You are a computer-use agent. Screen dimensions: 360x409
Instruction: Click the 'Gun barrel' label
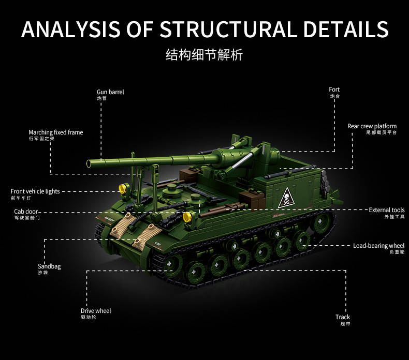pos(110,92)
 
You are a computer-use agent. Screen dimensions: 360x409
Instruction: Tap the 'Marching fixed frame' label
pos(55,132)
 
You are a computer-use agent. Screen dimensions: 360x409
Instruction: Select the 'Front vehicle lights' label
pos(35,191)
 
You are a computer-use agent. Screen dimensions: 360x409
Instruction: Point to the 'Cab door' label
pos(26,212)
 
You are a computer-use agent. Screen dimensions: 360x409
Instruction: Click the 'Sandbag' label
pos(49,266)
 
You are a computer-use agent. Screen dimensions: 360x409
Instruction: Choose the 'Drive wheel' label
pos(96,311)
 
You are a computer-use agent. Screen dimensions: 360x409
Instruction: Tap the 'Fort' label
pos(334,89)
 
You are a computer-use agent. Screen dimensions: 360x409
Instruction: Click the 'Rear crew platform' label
pos(372,126)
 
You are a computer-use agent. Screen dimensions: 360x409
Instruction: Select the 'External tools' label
pos(386,210)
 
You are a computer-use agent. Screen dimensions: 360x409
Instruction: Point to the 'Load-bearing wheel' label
pos(378,246)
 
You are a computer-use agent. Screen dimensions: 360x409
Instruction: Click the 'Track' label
pos(342,317)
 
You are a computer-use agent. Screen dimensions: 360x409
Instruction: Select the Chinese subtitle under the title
pos(204,55)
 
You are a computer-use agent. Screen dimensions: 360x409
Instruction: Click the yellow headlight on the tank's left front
pos(123,188)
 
